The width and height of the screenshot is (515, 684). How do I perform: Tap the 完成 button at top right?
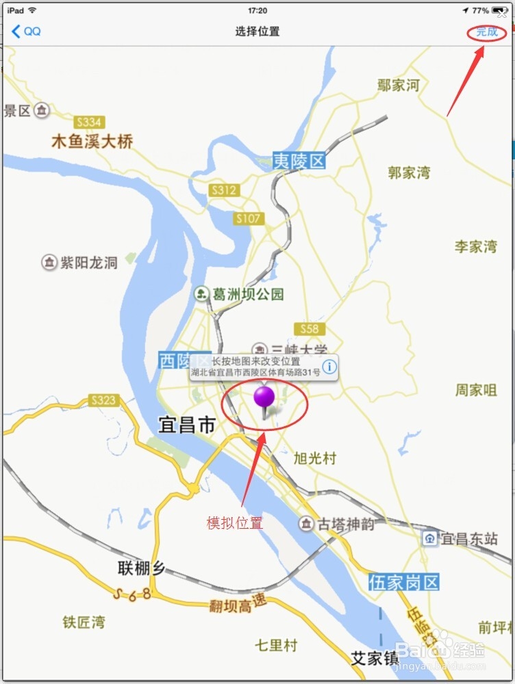tap(487, 31)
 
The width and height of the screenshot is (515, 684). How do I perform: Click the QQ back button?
tap(26, 31)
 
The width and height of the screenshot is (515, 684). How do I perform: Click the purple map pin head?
tap(264, 396)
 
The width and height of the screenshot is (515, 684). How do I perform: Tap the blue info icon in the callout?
tap(329, 367)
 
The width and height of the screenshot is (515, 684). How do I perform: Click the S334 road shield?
tap(89, 122)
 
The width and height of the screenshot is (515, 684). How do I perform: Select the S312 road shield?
tap(223, 190)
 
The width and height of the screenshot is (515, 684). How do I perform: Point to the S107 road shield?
tap(248, 218)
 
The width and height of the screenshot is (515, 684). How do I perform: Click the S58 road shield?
tap(309, 329)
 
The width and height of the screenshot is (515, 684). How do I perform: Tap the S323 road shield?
tap(103, 399)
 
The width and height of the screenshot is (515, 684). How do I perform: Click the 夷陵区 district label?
tap(299, 161)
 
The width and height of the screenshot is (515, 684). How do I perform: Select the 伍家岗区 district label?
tap(403, 583)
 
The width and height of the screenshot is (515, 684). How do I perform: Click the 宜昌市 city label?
tap(186, 425)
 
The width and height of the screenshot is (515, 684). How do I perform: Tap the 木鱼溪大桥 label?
tap(92, 142)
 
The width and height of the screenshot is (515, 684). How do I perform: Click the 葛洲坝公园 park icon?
tap(201, 294)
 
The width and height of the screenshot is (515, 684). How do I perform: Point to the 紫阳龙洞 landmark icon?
tap(49, 262)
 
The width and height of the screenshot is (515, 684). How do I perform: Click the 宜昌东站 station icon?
tap(429, 538)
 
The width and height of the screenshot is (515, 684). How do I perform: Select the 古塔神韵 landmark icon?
tap(305, 524)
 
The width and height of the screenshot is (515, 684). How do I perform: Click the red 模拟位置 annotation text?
tap(235, 523)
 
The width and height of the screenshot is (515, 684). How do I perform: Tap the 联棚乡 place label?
tap(142, 568)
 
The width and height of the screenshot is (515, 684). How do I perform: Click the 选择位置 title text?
tap(257, 31)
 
